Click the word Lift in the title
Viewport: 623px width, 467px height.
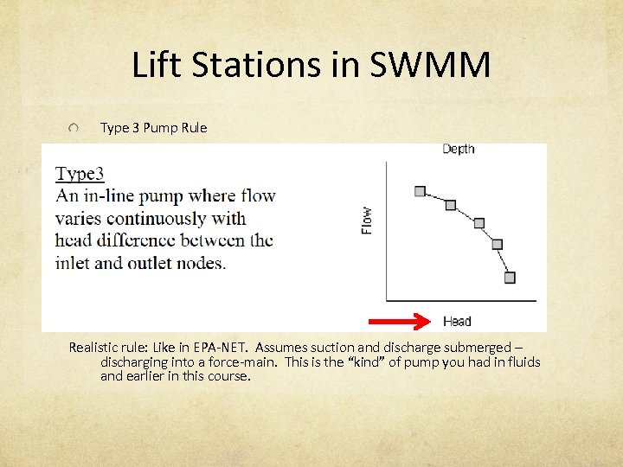coord(157,65)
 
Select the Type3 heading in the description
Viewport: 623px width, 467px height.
coord(80,174)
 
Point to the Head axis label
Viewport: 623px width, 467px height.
coord(457,322)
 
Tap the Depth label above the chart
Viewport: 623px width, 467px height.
coord(458,149)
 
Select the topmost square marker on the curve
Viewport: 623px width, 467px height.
coord(420,191)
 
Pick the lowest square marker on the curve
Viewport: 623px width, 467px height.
coord(510,278)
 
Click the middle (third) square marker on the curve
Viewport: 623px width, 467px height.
coord(479,223)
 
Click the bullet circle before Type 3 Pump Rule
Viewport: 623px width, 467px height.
coord(75,128)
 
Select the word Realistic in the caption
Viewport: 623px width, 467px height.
coord(96,347)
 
